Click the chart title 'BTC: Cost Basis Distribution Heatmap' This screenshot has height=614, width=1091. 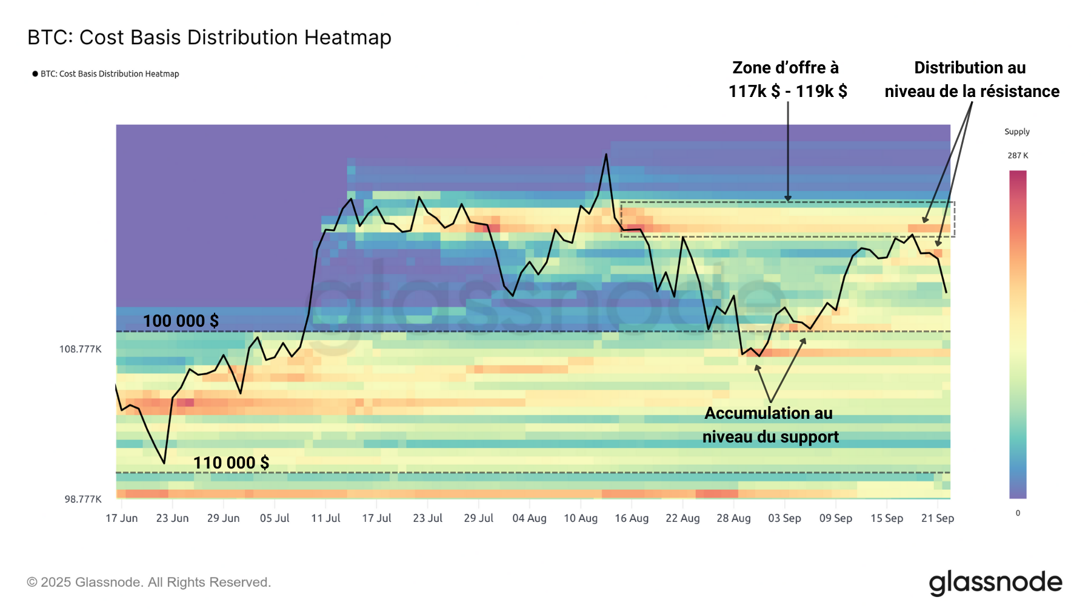[209, 38]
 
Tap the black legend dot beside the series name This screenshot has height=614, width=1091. [35, 74]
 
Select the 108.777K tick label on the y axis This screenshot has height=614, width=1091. [80, 349]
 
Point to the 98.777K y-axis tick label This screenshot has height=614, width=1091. [83, 499]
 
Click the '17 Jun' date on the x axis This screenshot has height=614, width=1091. [121, 518]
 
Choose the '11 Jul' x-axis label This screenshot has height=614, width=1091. [325, 518]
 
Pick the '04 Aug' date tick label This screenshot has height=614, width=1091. [529, 518]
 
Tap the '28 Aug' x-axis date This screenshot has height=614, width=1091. [733, 518]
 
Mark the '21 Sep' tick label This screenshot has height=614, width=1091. [937, 518]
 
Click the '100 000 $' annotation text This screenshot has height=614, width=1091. [181, 321]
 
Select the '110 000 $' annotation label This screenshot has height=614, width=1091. [231, 462]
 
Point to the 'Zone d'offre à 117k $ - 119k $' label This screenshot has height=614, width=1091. [787, 79]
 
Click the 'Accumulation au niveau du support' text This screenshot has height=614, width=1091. [770, 424]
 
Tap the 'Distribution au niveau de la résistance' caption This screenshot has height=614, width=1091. [972, 79]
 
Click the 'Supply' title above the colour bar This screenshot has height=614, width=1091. [1016, 132]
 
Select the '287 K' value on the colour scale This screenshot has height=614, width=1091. [1018, 156]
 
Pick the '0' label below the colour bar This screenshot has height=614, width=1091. [1018, 513]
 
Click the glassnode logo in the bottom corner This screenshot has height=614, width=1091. [995, 582]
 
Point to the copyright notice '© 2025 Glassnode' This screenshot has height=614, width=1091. [148, 582]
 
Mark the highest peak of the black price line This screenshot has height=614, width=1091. [606, 154]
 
